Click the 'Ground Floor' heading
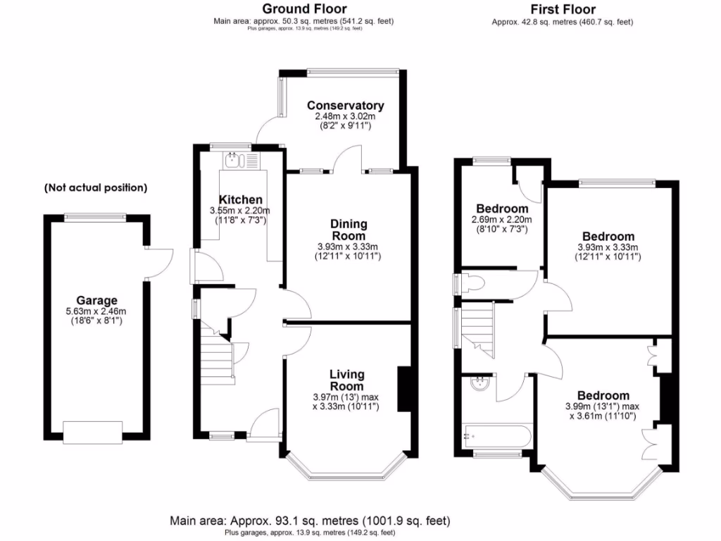(304, 9)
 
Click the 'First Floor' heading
(562, 9)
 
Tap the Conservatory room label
(345, 106)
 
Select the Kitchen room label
(240, 200)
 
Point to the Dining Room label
(349, 230)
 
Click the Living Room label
(347, 380)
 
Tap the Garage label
(97, 300)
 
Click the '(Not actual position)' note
(96, 188)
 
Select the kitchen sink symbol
(234, 161)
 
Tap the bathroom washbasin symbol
(481, 384)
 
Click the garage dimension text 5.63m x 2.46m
(97, 311)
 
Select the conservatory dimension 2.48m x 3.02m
(345, 116)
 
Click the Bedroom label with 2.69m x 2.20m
(502, 209)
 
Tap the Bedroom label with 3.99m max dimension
(603, 396)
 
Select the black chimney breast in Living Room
(404, 388)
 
